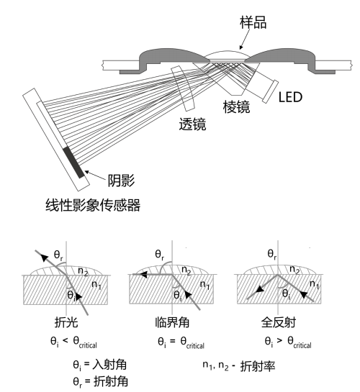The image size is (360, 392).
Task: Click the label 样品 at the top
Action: (253, 22)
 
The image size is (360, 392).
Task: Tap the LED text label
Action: (290, 97)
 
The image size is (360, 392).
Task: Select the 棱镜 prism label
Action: (236, 107)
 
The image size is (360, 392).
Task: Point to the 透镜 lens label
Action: (192, 124)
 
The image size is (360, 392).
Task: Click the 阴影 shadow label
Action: (122, 181)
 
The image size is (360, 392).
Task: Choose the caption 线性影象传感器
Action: (93, 205)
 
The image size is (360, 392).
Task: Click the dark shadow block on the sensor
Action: (73, 163)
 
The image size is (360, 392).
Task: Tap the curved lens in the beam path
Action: (183, 88)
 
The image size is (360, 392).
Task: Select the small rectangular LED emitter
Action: (271, 91)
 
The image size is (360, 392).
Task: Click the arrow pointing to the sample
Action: (245, 40)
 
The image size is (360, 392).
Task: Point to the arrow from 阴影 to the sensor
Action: (95, 176)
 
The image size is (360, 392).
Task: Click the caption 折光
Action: (66, 322)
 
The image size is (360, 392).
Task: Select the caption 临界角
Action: (172, 322)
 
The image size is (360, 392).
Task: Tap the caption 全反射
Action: (279, 322)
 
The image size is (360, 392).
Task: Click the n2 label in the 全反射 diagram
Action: (294, 270)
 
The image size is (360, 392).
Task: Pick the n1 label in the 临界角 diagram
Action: (205, 285)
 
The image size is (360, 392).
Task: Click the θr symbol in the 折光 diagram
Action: (58, 255)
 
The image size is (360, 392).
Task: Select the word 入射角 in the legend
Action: (109, 365)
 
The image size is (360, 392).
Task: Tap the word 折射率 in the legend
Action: (258, 366)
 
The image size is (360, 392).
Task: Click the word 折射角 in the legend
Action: (111, 381)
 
